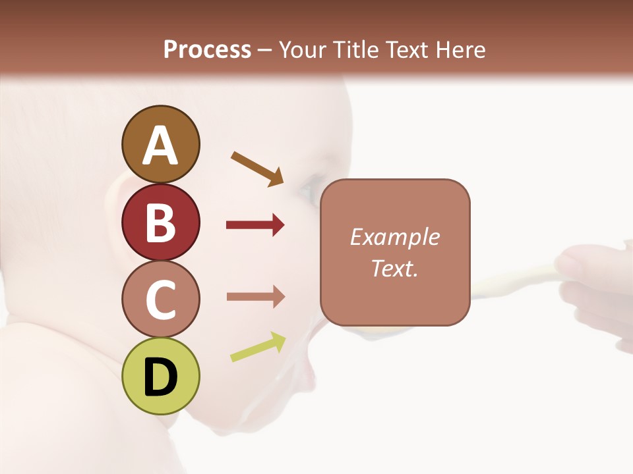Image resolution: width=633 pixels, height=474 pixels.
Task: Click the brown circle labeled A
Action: point(160,144)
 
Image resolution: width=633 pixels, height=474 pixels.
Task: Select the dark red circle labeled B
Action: point(160,222)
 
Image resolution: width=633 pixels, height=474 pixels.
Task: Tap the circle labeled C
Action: point(160,300)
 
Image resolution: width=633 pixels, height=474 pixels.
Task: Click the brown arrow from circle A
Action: point(257,169)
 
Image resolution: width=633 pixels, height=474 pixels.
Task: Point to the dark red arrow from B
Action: point(255,225)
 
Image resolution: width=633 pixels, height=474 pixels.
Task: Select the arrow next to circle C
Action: point(255,296)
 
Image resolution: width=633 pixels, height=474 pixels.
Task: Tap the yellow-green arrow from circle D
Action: point(258,347)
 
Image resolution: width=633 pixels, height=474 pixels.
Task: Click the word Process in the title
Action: point(207,49)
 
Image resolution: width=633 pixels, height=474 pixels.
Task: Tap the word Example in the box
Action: point(394,237)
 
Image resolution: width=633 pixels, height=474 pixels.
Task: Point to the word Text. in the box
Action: point(394,268)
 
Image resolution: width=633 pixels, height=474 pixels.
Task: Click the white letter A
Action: point(160,145)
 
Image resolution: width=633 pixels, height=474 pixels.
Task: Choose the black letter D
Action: point(160,377)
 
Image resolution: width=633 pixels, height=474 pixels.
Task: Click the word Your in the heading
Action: point(303,49)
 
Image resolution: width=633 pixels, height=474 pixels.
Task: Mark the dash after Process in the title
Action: point(265,51)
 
